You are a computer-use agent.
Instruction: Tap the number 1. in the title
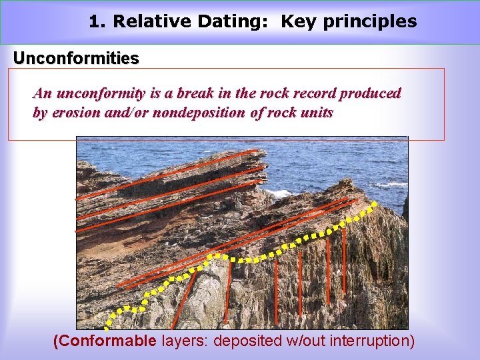[97, 21]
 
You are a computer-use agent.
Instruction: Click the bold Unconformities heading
[76, 59]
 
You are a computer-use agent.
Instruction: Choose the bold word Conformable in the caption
[107, 341]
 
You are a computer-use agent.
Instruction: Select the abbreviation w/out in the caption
[303, 341]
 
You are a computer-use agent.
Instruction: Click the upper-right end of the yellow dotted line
[375, 203]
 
